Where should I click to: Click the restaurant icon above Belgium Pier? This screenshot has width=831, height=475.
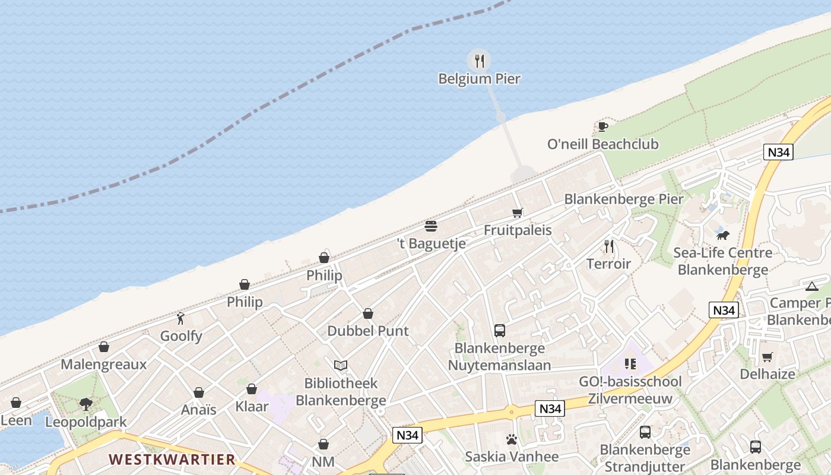480,60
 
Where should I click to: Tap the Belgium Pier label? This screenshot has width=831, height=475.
480,78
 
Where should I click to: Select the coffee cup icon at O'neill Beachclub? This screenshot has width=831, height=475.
602,126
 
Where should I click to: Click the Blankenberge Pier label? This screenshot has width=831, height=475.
623,199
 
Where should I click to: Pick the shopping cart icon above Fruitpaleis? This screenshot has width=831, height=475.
518,213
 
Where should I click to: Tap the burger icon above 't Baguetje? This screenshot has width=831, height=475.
431,226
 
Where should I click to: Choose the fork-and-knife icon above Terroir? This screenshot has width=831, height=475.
609,246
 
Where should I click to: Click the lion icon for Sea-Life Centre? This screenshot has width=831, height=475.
722,235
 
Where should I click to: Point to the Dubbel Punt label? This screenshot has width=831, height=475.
368,331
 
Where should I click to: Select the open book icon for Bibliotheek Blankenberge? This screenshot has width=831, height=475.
341,366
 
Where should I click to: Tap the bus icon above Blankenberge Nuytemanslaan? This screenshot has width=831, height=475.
500,331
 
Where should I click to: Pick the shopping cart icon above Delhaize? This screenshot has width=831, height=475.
767,357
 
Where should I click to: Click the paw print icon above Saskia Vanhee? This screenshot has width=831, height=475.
512,439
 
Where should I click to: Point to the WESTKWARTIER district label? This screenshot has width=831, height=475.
172,460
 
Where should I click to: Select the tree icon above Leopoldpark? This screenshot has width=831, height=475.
86,405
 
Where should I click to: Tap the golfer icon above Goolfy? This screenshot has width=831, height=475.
181,318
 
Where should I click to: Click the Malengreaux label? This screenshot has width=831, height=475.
104,365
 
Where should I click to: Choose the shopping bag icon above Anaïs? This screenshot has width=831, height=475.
199,392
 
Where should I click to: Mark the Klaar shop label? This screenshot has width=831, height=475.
252,407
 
